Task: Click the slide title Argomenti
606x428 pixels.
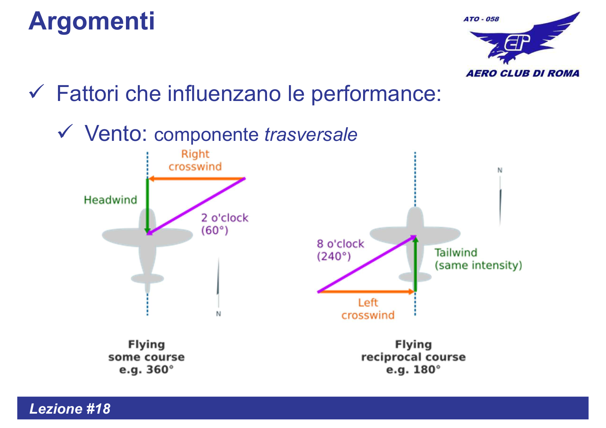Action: pos(91,21)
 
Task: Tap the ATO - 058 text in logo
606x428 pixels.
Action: pos(481,19)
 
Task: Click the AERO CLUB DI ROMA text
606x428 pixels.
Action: pos(523,73)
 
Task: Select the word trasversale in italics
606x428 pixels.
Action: pos(311,135)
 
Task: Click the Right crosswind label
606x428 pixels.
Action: pos(195,160)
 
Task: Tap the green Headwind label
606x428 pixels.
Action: pos(110,200)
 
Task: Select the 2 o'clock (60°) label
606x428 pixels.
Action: pos(224,224)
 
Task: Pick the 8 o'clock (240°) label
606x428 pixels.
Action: pos(340,250)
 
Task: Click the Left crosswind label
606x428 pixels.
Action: pos(368,309)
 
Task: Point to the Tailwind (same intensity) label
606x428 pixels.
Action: pos(478,259)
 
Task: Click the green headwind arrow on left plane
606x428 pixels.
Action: pos(147,205)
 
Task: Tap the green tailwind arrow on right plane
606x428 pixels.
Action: pos(415,264)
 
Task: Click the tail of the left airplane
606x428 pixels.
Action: pos(147,279)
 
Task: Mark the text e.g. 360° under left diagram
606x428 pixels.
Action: pos(146,370)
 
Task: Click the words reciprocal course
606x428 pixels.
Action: pos(413,357)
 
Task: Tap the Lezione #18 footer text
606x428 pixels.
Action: pos(70,409)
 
